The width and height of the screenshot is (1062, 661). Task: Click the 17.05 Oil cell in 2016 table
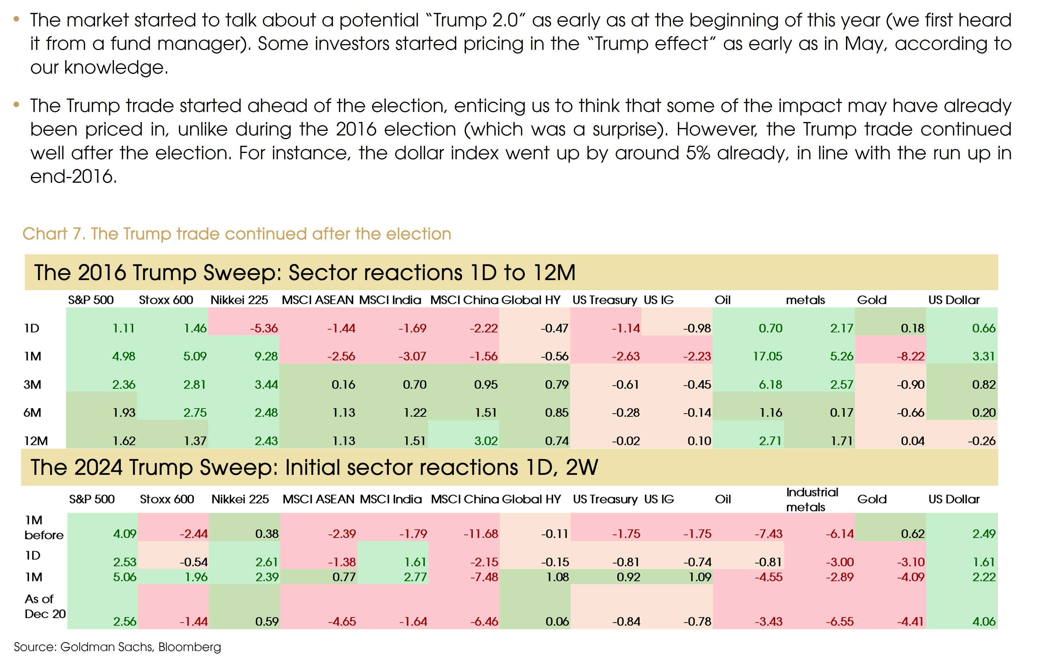point(767,356)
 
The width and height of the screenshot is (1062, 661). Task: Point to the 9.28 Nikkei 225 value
point(266,356)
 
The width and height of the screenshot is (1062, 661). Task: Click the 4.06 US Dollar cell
point(984,621)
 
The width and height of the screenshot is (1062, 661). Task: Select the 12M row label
point(36,441)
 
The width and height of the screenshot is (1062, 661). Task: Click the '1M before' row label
point(44,527)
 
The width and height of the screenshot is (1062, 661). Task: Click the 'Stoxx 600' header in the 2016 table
point(166,300)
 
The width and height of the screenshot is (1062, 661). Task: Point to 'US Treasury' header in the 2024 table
point(605,499)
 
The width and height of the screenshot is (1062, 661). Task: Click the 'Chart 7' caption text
point(236,234)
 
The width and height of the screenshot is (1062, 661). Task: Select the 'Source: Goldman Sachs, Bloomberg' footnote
point(117,647)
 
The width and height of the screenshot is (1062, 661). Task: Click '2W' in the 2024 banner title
point(582,467)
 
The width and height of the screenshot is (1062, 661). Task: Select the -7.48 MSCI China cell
point(484,577)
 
